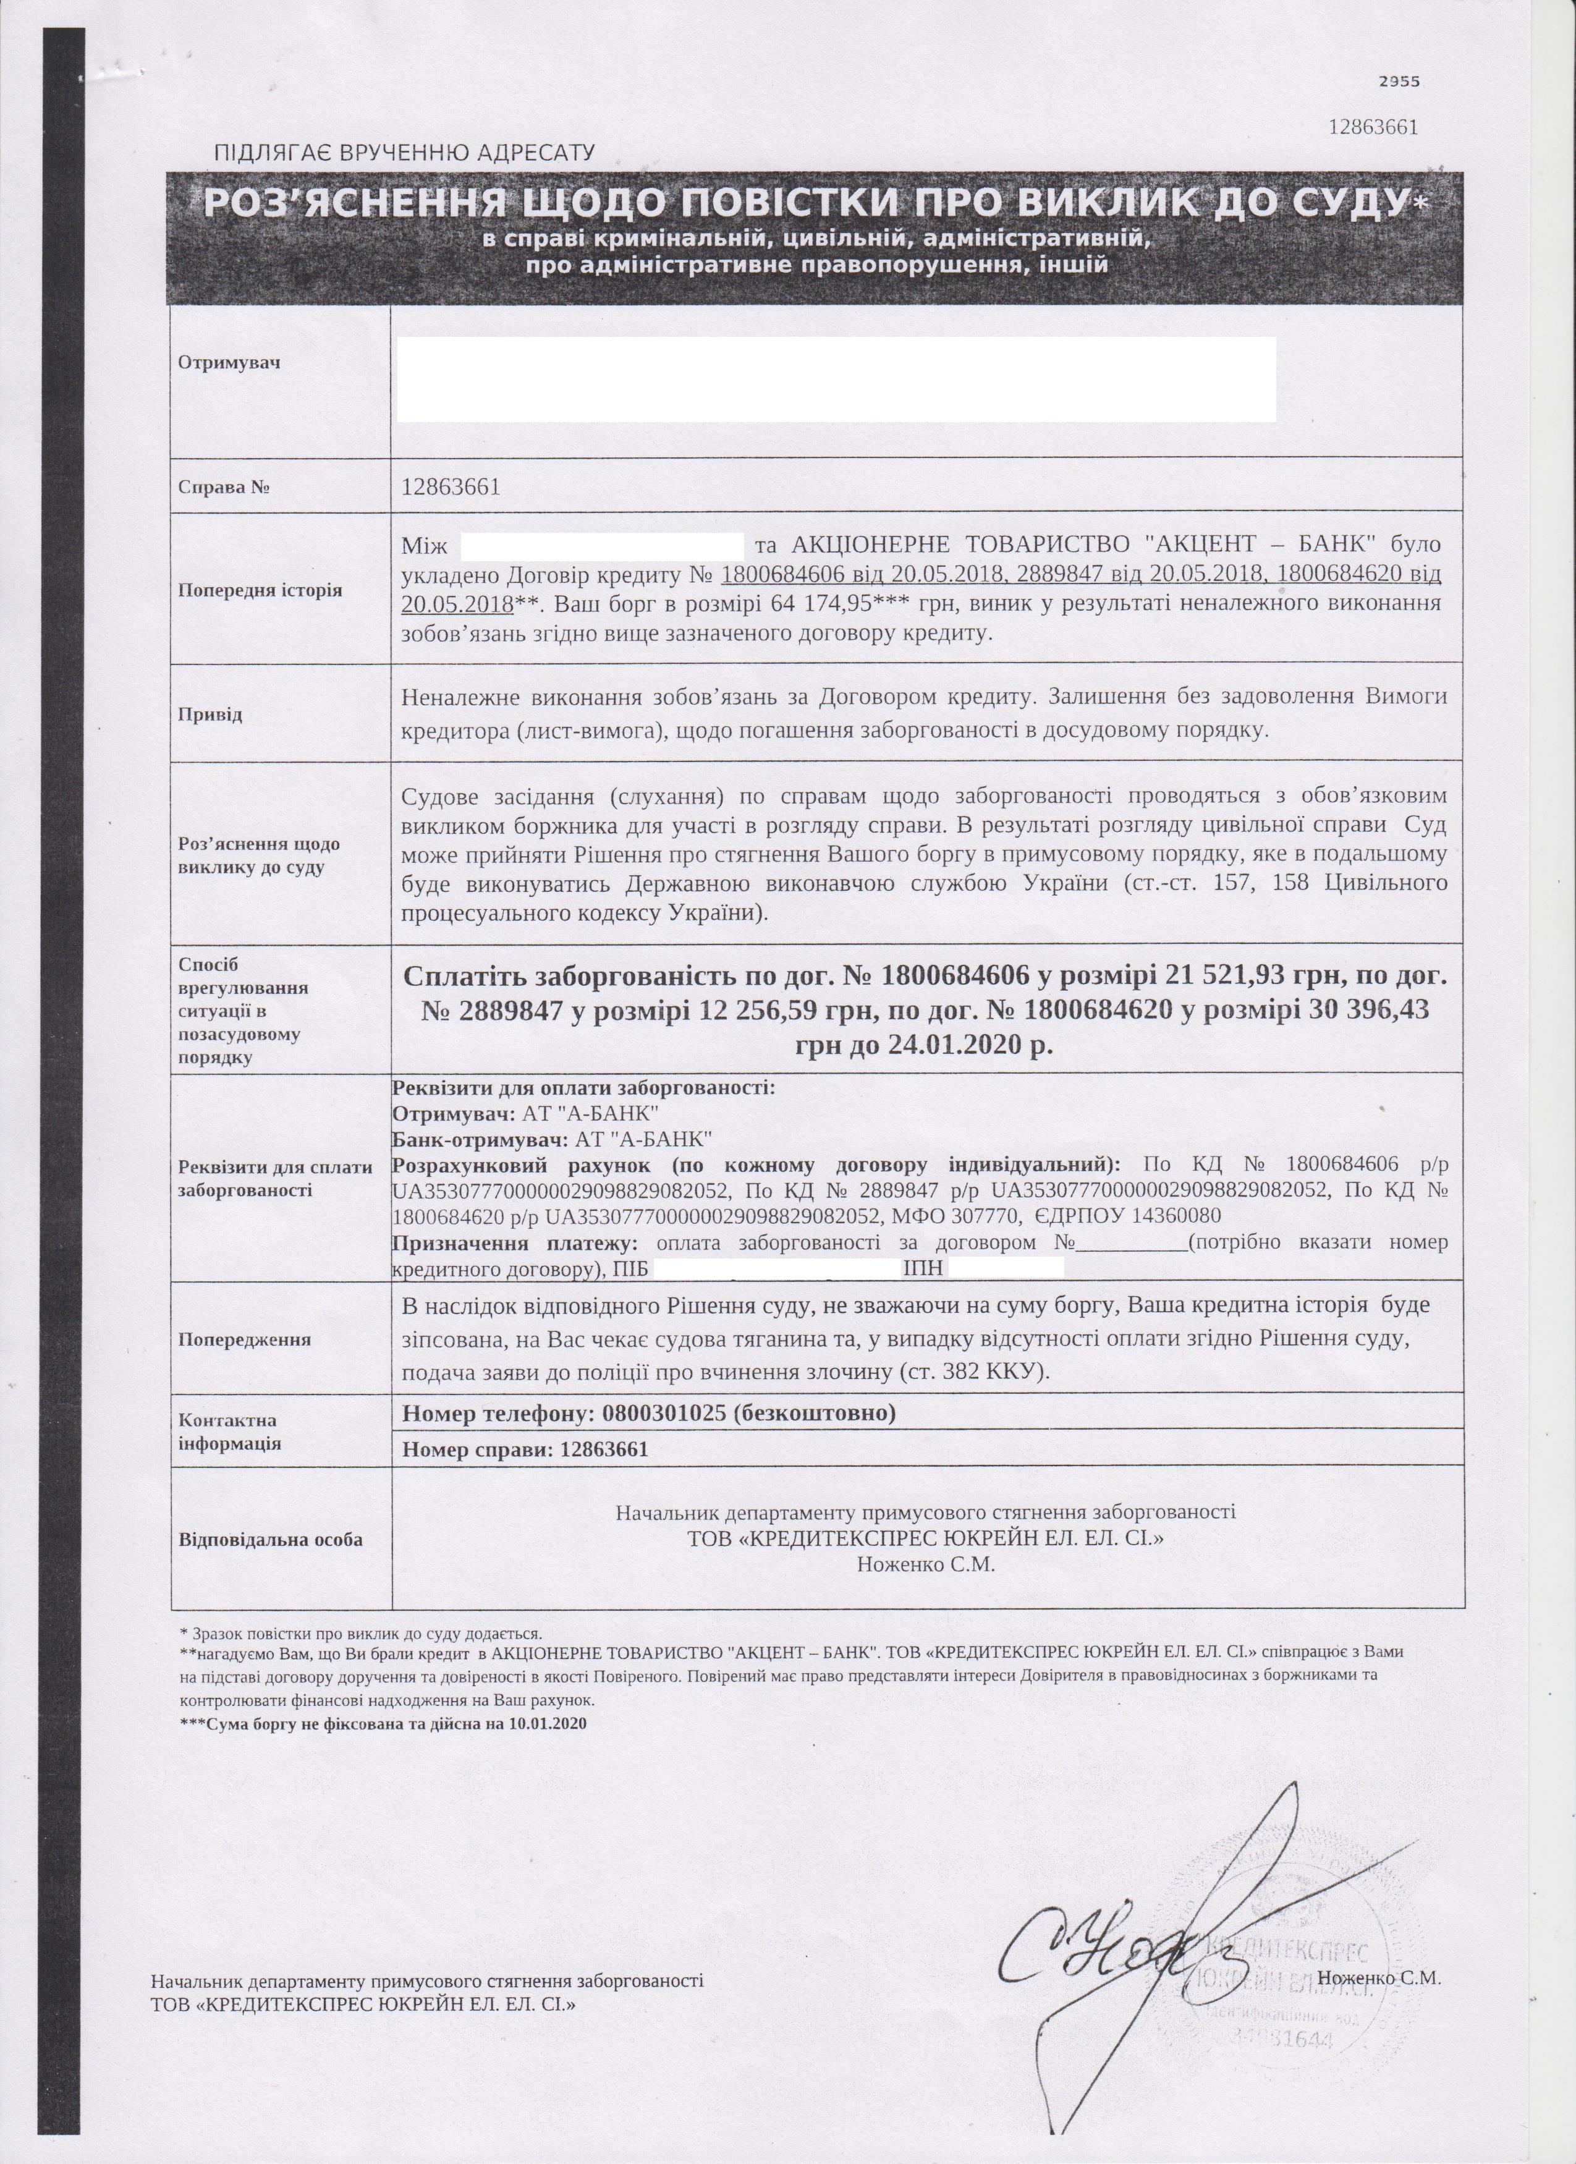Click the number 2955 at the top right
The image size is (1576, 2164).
[1399, 82]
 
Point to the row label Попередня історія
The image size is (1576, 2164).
[260, 590]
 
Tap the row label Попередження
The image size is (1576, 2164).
[244, 1339]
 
